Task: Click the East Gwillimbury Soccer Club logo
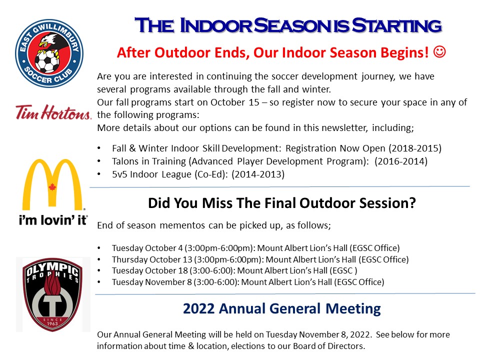click(x=49, y=51)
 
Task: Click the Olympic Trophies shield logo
click(x=53, y=294)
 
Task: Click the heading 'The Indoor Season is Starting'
click(x=288, y=25)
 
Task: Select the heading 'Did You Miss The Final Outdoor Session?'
click(x=281, y=204)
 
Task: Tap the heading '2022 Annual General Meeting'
click(x=281, y=308)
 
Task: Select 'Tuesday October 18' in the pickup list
click(x=147, y=270)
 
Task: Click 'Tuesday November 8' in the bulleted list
click(x=149, y=282)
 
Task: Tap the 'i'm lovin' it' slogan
click(x=53, y=220)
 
